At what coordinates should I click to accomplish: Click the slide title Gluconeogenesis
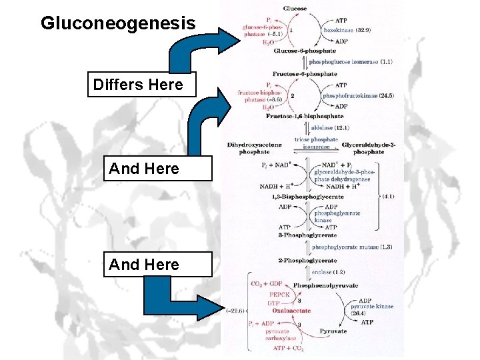tap(118, 24)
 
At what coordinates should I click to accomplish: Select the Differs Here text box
tap(137, 85)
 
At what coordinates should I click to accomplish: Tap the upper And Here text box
tap(144, 169)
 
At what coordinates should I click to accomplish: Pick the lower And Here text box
tap(144, 265)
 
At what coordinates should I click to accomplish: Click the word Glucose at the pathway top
tap(295, 8)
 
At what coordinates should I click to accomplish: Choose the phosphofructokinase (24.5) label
tap(357, 95)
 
